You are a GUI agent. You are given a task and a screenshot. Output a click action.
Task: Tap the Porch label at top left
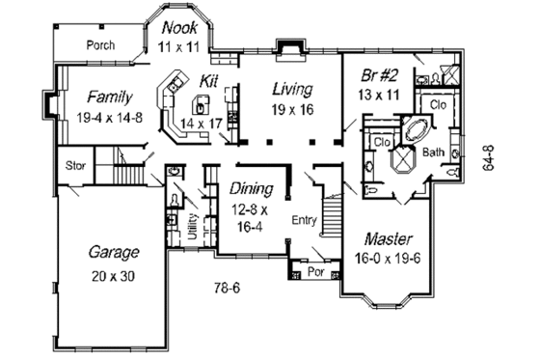pyautogui.click(x=100, y=44)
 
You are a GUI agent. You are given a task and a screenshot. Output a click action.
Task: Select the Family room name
pyautogui.click(x=108, y=97)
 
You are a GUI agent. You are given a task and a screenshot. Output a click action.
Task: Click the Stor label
pyautogui.click(x=76, y=166)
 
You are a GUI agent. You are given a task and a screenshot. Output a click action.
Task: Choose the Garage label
pyautogui.click(x=114, y=252)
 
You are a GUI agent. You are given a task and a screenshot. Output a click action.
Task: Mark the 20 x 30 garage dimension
pyautogui.click(x=114, y=276)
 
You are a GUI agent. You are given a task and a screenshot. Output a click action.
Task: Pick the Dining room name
pyautogui.click(x=250, y=188)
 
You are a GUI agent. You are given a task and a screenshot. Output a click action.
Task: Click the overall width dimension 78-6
pyautogui.click(x=227, y=287)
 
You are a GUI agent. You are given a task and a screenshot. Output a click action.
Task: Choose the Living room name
pyautogui.click(x=291, y=89)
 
